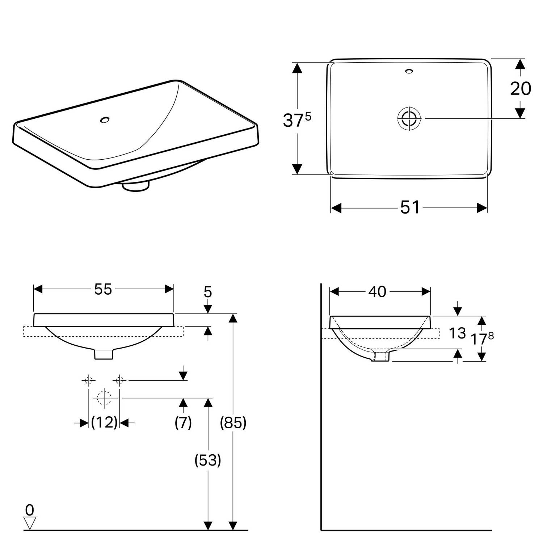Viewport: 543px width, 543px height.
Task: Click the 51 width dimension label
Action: pos(410,207)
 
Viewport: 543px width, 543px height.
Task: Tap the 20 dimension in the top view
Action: pos(521,88)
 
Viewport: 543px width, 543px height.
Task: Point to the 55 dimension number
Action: pos(103,289)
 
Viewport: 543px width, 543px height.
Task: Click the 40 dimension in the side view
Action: pos(377,291)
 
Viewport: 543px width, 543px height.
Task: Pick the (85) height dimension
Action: pos(233,422)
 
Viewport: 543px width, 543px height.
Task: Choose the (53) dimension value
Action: pos(208,460)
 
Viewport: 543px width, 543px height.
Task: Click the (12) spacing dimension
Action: pos(104,422)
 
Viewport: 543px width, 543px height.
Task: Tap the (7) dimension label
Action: pos(183,422)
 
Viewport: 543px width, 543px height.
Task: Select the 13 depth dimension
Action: pos(457,333)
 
